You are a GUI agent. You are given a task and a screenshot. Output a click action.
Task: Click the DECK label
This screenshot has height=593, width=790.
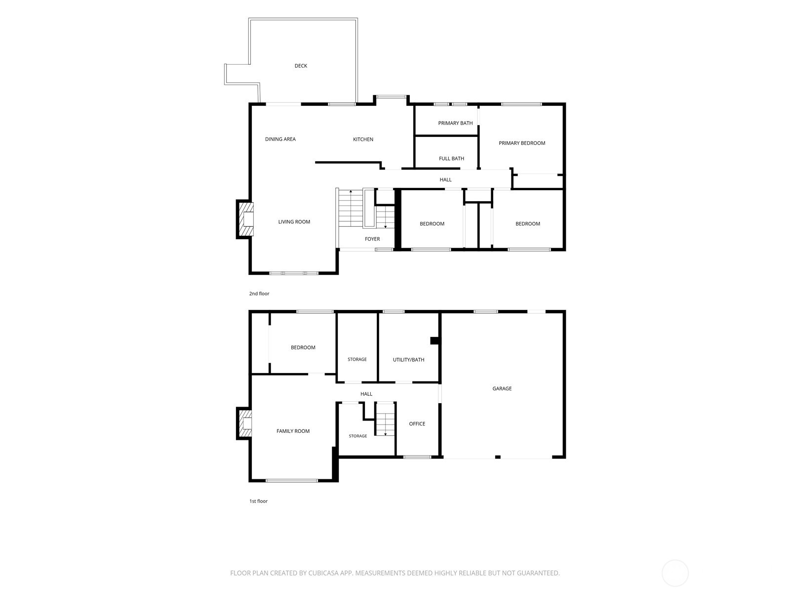(x=301, y=66)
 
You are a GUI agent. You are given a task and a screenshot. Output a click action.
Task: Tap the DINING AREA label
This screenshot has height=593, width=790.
(x=280, y=139)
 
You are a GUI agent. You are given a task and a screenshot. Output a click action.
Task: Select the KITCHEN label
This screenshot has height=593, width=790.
(x=363, y=139)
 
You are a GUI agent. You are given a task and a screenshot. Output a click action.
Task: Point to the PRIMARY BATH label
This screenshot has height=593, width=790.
(x=455, y=123)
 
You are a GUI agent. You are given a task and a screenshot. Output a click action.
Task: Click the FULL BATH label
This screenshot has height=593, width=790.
(x=451, y=158)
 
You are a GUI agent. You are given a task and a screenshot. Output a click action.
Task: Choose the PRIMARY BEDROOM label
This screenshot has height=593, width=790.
(x=521, y=143)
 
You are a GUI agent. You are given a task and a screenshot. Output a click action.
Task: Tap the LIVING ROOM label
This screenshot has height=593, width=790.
(x=294, y=221)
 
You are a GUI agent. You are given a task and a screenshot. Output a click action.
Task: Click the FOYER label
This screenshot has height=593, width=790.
(x=372, y=239)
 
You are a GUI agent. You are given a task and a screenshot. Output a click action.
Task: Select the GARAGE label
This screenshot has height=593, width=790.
(x=502, y=388)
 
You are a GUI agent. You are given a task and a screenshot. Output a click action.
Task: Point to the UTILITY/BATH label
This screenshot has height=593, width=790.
(x=408, y=359)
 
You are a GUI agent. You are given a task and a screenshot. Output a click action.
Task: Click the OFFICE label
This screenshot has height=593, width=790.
(x=417, y=424)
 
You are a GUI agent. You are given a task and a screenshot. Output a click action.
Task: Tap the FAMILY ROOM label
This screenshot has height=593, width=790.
(x=293, y=430)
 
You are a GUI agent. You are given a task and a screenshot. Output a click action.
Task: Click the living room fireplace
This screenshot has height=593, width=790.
(x=245, y=219)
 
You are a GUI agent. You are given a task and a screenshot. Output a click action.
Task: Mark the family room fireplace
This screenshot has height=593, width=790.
(x=244, y=423)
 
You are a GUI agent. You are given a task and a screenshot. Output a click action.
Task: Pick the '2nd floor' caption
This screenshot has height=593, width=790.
(x=259, y=294)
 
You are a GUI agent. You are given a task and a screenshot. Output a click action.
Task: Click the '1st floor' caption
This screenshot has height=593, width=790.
(x=258, y=501)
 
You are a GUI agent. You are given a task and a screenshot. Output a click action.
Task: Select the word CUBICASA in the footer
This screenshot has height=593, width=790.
(x=323, y=573)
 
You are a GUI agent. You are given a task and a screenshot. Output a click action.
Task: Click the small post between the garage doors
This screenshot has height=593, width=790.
(x=497, y=457)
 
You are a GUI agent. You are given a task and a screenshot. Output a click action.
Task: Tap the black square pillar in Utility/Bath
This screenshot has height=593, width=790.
(x=434, y=340)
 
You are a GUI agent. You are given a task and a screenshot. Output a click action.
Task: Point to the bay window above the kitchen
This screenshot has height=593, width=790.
(x=391, y=96)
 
